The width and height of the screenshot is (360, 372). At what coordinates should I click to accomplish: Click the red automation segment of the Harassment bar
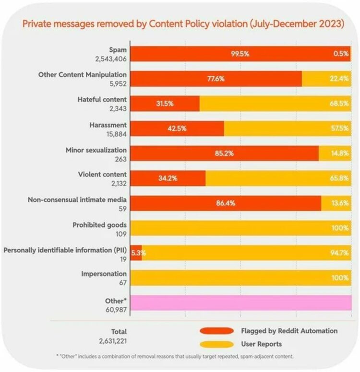click(x=177, y=128)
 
